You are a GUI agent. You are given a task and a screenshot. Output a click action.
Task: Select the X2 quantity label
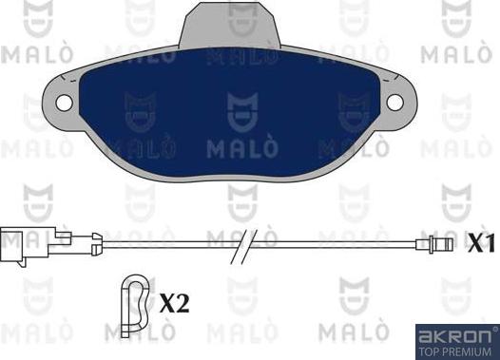click(174, 303)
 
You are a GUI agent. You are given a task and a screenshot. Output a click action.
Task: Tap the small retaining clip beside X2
click(136, 302)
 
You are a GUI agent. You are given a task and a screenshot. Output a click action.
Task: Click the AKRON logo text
click(455, 335)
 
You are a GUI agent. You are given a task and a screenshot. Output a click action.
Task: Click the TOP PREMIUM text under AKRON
click(455, 351)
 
